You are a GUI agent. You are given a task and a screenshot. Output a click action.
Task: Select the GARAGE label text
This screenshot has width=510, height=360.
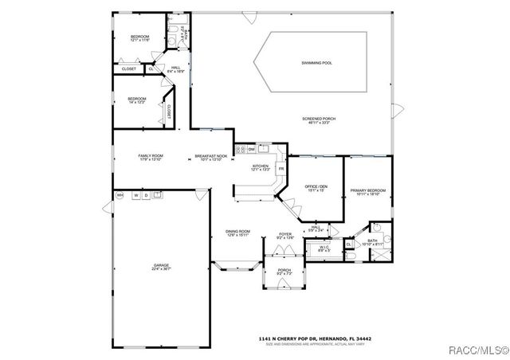pos(162,267)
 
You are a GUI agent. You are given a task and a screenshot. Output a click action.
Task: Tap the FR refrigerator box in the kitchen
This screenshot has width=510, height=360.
pos(281,169)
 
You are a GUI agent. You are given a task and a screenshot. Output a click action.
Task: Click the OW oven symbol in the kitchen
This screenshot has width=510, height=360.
pos(251,149)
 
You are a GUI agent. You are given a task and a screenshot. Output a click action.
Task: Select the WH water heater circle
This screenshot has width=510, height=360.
pos(120,195)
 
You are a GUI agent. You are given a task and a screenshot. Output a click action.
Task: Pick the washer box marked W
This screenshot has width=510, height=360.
pos(136,195)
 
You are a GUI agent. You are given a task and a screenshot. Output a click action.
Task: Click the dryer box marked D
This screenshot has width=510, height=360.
pos(147,195)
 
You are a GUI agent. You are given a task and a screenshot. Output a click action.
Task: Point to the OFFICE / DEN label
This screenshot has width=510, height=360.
pos(316,188)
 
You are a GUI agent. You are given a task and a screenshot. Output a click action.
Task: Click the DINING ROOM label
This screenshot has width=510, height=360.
pos(238,233)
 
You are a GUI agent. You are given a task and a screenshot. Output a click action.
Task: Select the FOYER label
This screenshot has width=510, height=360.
pos(285,235)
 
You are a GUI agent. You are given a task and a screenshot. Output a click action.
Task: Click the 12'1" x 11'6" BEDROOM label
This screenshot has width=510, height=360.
pos(139,39)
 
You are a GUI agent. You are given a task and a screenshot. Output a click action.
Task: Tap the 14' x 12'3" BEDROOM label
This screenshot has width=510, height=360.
pos(137,101)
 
